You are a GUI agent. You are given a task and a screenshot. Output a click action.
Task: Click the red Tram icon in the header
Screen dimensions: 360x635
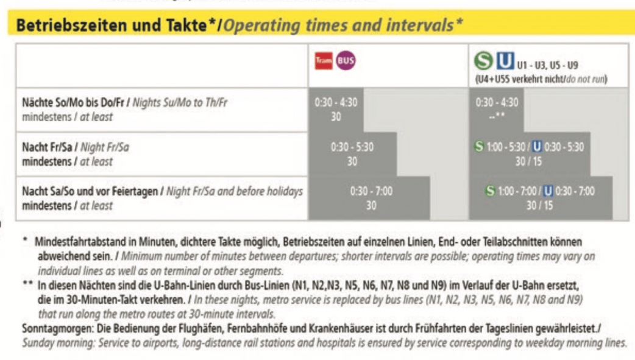pyautogui.click(x=324, y=61)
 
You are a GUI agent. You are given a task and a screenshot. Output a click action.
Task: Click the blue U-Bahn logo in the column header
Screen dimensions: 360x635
pyautogui.click(x=504, y=62)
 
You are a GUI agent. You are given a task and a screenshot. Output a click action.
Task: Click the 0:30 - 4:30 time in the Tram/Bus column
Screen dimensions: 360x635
pyautogui.click(x=336, y=104)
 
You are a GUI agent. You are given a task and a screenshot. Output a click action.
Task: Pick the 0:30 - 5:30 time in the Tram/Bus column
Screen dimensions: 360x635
pyautogui.click(x=352, y=148)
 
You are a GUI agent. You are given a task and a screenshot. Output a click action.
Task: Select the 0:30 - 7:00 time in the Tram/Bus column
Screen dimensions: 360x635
pyautogui.click(x=371, y=191)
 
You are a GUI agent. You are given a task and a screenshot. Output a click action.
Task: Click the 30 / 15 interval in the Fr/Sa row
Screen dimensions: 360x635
pyautogui.click(x=529, y=161)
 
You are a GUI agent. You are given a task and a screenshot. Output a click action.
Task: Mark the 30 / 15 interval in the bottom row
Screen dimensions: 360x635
pyautogui.click(x=540, y=205)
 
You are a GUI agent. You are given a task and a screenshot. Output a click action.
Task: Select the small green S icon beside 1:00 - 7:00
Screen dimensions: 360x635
pyautogui.click(x=489, y=191)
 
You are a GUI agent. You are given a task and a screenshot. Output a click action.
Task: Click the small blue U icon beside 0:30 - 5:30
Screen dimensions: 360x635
pyautogui.click(x=537, y=147)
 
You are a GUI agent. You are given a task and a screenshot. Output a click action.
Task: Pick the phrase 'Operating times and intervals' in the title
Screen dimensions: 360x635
pyautogui.click(x=342, y=26)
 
